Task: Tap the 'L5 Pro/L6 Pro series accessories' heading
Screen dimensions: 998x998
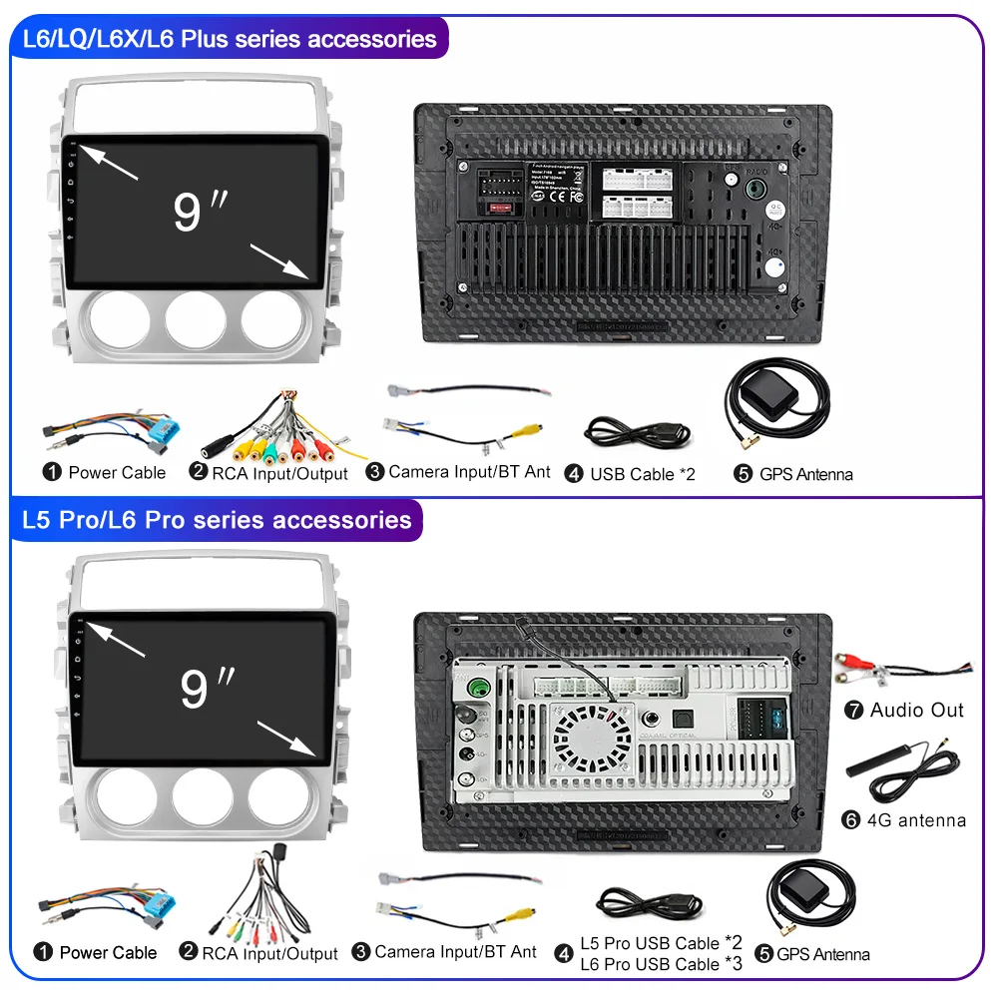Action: click(217, 520)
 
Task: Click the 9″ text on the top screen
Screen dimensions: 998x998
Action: click(200, 211)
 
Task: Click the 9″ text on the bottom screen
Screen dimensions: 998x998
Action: click(207, 688)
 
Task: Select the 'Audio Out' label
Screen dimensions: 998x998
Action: click(917, 711)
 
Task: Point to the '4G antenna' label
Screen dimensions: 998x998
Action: click(917, 820)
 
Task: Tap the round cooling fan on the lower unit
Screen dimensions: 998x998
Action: click(593, 740)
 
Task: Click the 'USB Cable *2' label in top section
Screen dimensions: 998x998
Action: click(642, 474)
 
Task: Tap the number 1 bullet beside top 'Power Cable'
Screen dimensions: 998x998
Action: click(52, 472)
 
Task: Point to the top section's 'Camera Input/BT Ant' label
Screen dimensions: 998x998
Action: click(469, 472)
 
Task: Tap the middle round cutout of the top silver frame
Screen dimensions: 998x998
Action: click(196, 321)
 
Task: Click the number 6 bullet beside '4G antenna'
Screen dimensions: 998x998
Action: click(851, 820)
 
